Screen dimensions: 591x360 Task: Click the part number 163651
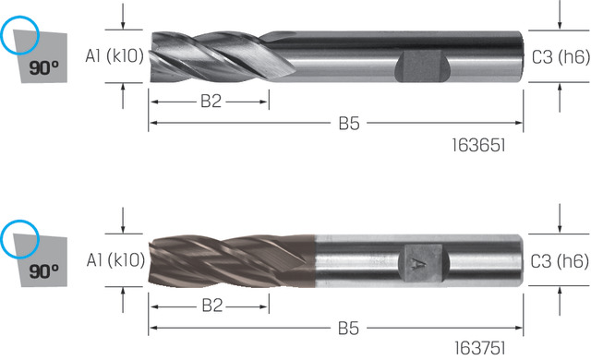tap(478, 145)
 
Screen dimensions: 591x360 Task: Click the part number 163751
tap(480, 348)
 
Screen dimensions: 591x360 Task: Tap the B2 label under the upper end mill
tap(211, 102)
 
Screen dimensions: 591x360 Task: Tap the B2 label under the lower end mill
tap(212, 306)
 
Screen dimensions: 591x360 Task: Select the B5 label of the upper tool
tap(349, 124)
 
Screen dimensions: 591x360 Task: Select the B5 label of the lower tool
tap(349, 329)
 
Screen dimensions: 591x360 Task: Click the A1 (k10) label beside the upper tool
tap(115, 56)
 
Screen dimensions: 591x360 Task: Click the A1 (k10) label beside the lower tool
tap(115, 260)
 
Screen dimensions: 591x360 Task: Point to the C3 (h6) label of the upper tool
tap(561, 57)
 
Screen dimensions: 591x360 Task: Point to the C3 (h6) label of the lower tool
tap(560, 261)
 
